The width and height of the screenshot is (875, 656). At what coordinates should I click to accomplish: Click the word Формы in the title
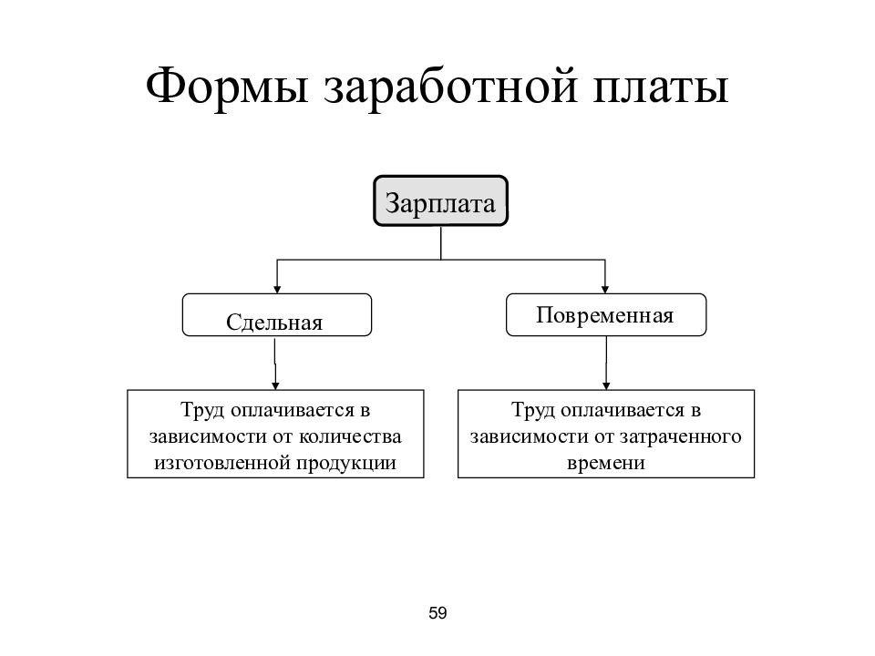pos(227,86)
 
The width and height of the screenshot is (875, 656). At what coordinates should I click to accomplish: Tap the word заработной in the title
pos(449,88)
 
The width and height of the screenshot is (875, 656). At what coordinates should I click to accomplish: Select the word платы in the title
pos(660,88)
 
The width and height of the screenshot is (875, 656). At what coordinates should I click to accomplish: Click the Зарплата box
pos(440,200)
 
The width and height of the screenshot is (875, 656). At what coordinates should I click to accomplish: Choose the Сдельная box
pos(277,314)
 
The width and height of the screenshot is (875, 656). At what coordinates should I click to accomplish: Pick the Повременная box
pos(606,314)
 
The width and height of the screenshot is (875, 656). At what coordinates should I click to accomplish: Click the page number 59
pos(437,613)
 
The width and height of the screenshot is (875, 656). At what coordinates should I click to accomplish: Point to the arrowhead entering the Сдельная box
pos(277,290)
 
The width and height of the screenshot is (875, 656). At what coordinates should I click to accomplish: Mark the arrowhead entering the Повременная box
pos(605,290)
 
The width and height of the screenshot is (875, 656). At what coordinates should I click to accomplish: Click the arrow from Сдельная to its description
pos(275,364)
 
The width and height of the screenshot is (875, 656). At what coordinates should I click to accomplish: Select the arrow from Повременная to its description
pos(606,364)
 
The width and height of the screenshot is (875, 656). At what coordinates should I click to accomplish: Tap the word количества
pos(350,436)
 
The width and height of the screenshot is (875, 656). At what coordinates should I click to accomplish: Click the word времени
pos(606,463)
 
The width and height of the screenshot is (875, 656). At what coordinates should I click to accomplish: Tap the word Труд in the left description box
pos(202,411)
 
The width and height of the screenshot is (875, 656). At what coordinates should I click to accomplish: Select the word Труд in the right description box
pos(533,411)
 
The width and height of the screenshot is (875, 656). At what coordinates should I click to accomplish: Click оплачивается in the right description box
pos(623,411)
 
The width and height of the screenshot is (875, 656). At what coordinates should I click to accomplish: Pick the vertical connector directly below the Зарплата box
pos(441,242)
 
